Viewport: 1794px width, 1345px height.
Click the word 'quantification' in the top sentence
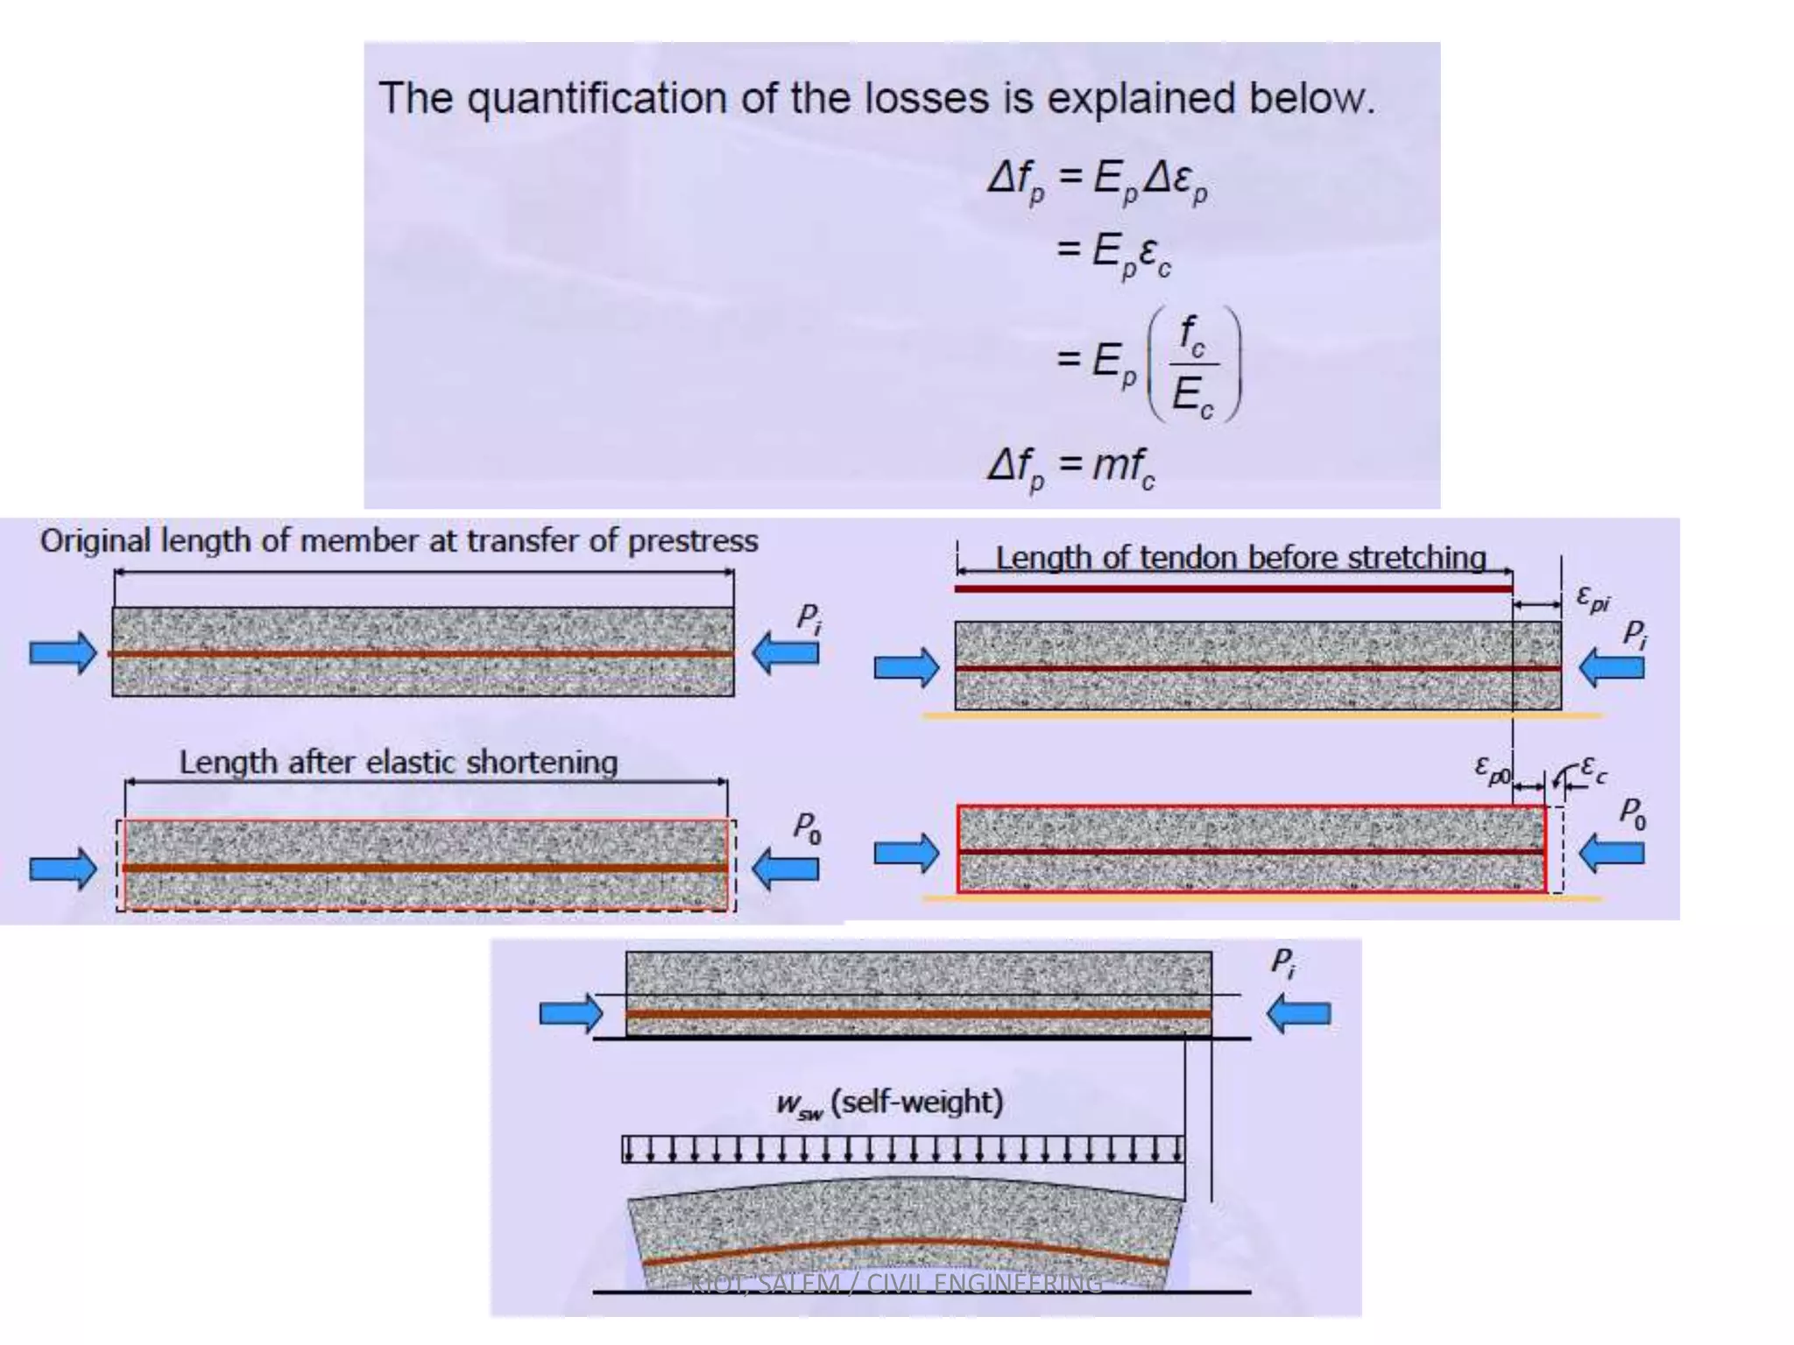pos(597,98)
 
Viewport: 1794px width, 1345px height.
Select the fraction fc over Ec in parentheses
pos(1192,365)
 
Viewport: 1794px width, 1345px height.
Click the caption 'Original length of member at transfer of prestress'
pos(399,541)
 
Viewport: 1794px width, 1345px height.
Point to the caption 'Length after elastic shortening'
pos(399,763)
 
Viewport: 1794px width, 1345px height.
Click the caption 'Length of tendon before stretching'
pos(1240,558)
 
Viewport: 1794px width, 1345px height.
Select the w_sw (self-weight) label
pos(889,1102)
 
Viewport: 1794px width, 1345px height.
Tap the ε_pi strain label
pos(1593,598)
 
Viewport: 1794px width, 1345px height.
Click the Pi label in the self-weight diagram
pos(1283,962)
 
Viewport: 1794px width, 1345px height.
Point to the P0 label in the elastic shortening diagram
pos(807,827)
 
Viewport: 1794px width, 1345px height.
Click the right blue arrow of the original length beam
pos(786,652)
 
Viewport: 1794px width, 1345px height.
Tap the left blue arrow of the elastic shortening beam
pos(63,868)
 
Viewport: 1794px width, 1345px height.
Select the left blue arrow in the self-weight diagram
pos(571,1013)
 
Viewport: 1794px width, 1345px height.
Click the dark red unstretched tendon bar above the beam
pos(1232,588)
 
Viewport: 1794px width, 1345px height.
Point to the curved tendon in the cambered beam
pos(902,1244)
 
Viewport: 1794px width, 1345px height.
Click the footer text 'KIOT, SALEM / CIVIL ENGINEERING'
pos(896,1284)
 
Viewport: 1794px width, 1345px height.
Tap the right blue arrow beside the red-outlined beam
pos(1611,853)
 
